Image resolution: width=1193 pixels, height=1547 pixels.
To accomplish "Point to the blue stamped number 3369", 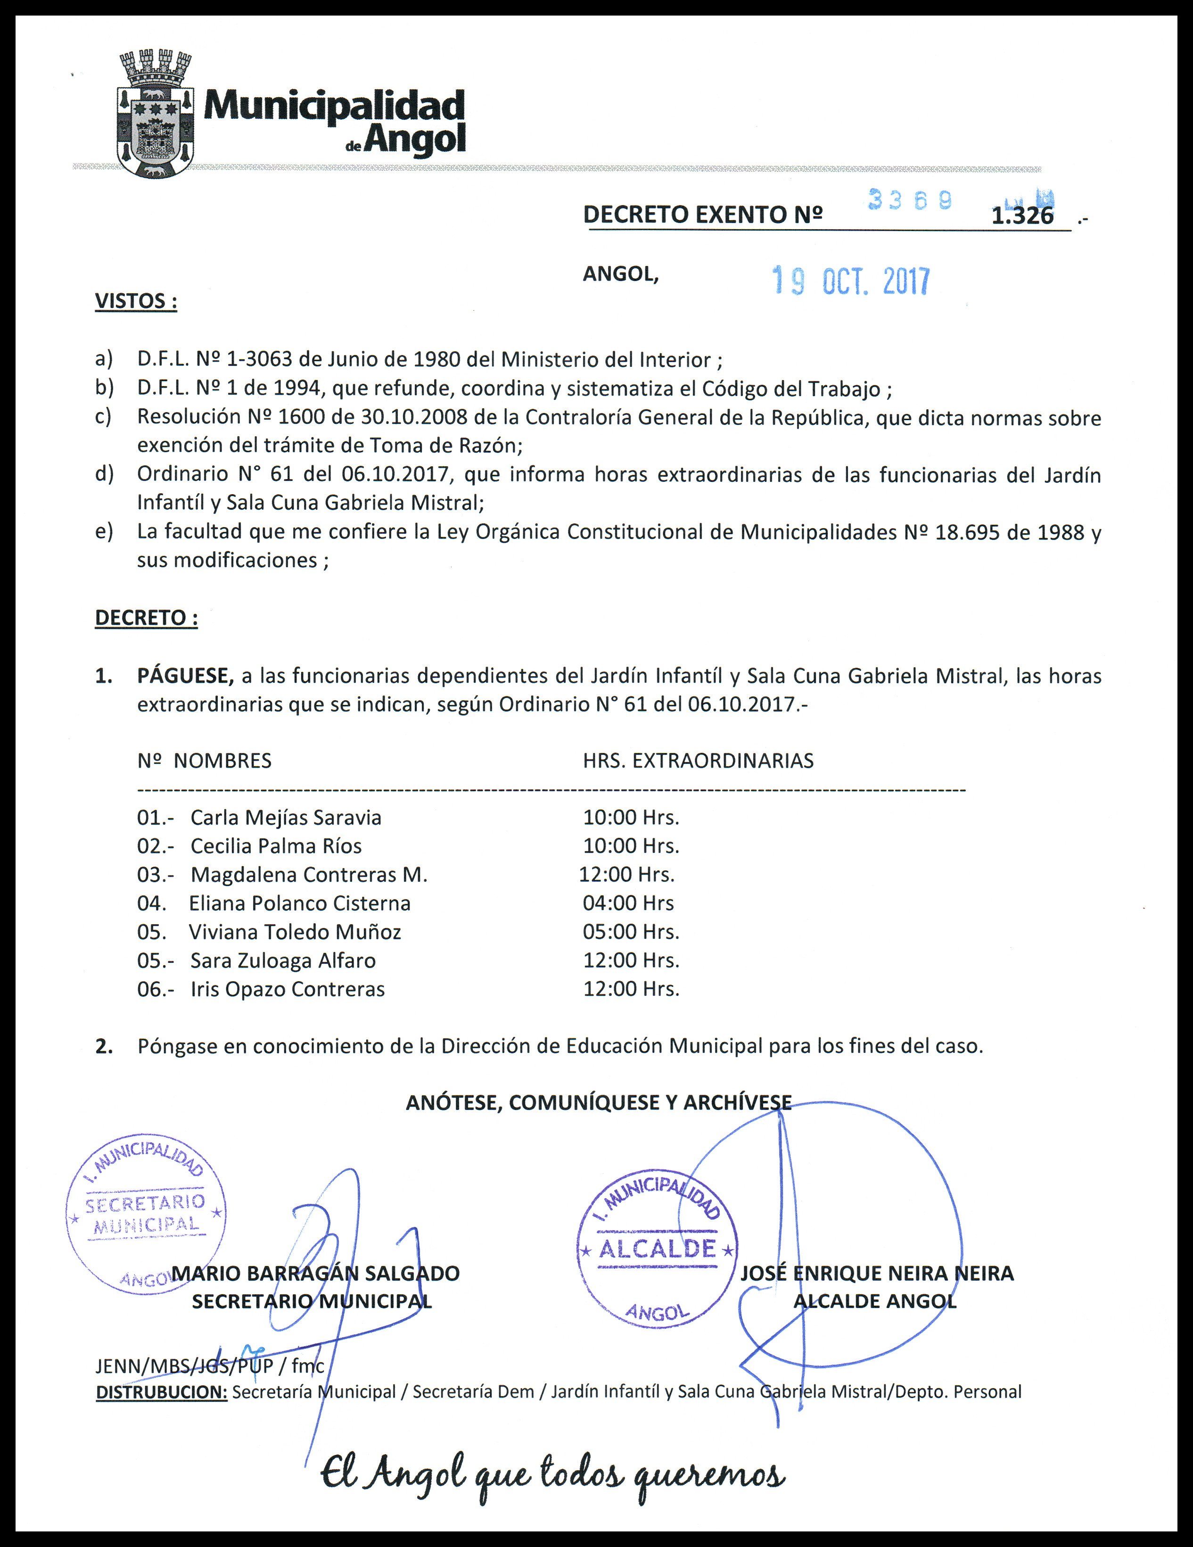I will click(x=910, y=202).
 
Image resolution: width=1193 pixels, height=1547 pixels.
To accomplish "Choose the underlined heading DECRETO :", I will click(x=146, y=618).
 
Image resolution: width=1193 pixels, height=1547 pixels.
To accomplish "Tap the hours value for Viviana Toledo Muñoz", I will click(x=631, y=932).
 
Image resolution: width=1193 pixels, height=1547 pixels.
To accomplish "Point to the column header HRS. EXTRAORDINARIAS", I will click(x=698, y=761).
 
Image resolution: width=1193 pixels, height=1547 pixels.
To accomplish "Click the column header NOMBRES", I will click(x=222, y=761).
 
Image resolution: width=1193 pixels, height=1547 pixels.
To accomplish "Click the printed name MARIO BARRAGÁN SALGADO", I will click(x=316, y=1273).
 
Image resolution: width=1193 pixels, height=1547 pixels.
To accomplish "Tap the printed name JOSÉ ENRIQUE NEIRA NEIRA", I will click(x=877, y=1273).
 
